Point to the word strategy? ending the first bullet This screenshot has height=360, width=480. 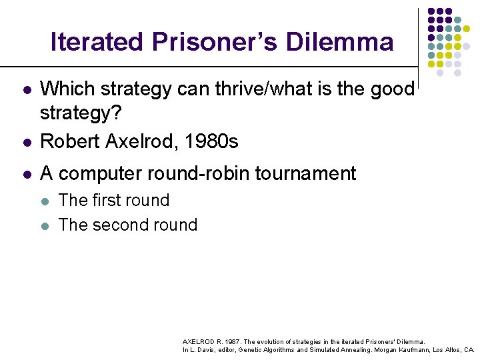[81, 113]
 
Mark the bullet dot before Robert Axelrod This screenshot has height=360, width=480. [25, 142]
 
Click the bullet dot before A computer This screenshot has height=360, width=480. [25, 174]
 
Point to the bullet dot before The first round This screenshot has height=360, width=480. [45, 201]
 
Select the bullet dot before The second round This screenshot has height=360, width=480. [45, 225]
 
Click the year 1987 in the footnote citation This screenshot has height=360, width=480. [229, 341]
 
